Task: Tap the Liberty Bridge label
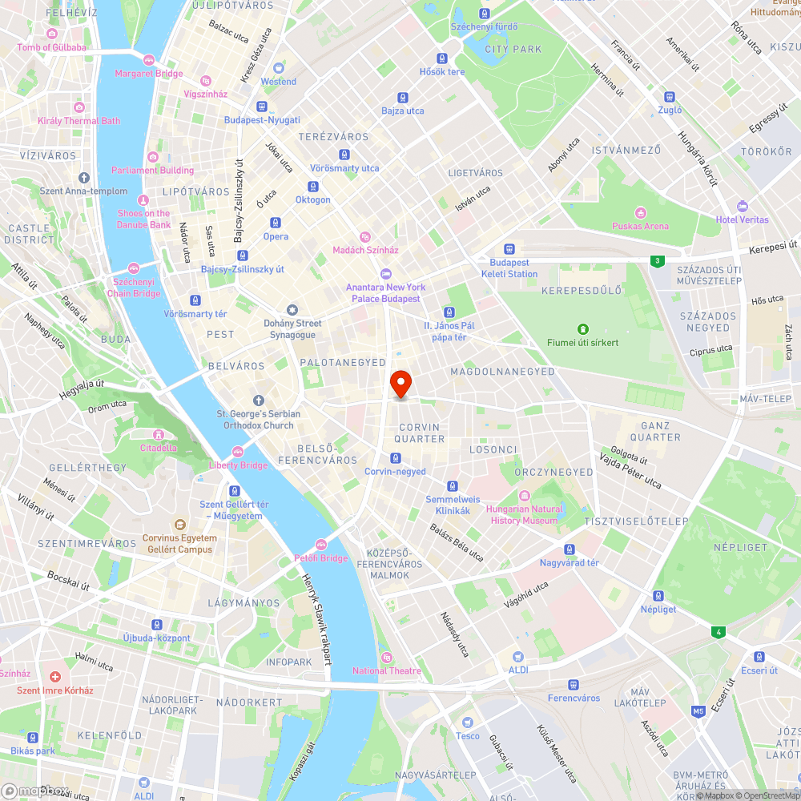pos(238,465)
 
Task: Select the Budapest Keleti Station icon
pos(509,249)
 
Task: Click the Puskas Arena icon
pos(640,213)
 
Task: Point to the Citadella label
pos(159,448)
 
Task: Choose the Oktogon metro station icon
pos(312,186)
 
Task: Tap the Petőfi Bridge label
pos(320,557)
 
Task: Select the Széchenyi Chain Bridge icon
pos(134,268)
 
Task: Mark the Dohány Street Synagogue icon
pos(292,310)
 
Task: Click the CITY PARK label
pos(513,50)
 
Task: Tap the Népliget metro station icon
pos(658,596)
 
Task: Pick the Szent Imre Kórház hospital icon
pos(54,677)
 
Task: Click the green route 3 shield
pos(657,261)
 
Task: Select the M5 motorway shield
pos(698,710)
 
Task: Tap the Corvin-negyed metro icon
pos(395,458)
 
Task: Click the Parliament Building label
pos(152,171)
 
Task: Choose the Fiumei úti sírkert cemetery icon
pos(582,328)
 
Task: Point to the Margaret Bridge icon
pos(148,60)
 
